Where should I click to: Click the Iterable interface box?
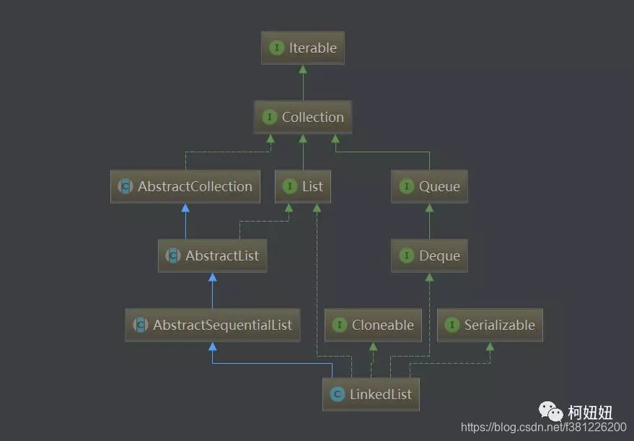coord(303,48)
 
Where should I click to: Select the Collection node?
coord(303,117)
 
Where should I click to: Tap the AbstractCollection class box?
coord(185,186)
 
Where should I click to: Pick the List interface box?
coord(303,186)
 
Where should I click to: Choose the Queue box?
coord(429,186)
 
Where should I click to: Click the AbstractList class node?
coord(212,256)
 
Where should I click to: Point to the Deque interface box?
coord(429,256)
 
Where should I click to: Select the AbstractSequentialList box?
coord(212,325)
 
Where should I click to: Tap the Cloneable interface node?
coord(372,325)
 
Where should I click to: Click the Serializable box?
coord(490,325)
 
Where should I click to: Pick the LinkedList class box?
coord(371,394)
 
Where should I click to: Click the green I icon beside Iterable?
coord(276,48)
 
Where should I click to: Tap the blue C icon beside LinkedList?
coord(337,394)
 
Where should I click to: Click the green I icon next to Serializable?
coord(452,325)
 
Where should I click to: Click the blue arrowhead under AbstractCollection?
coord(185,208)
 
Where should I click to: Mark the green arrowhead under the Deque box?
coord(429,277)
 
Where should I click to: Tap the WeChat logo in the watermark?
coord(554,412)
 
